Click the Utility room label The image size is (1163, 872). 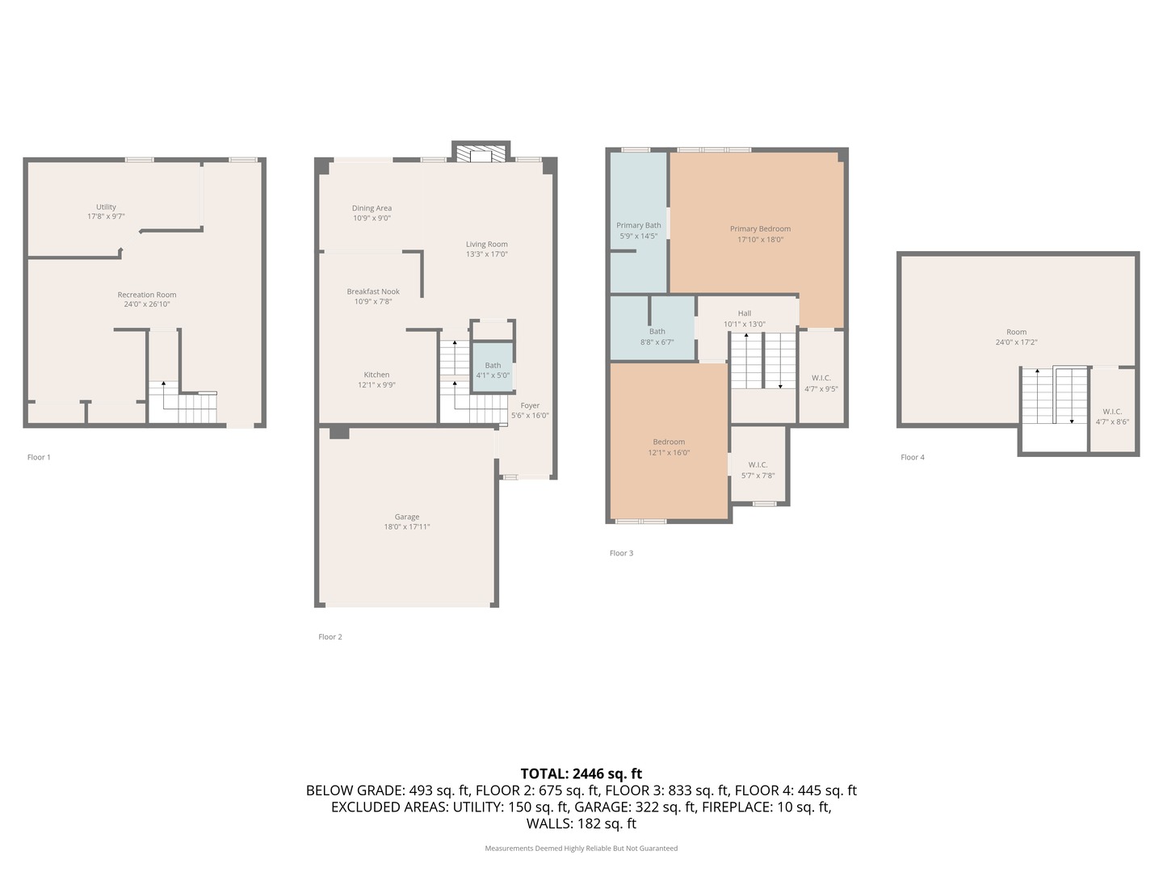106,208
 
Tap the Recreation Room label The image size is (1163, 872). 147,295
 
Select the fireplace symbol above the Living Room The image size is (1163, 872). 481,153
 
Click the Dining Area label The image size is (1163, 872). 372,208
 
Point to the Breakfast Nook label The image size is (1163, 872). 373,291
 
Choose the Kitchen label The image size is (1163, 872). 376,375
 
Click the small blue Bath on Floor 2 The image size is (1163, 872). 493,371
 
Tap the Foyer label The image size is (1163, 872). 530,406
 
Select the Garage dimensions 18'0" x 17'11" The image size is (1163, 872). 407,527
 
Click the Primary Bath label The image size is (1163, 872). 639,226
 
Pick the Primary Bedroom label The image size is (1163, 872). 760,229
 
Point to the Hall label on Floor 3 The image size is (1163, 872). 745,313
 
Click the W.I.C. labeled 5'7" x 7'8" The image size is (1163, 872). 758,470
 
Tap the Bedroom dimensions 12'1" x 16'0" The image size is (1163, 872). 669,453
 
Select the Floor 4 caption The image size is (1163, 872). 913,458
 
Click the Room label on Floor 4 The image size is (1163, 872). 1016,332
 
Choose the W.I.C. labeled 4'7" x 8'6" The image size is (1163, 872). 1112,417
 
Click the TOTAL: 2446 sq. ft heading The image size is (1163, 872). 581,773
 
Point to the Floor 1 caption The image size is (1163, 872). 39,458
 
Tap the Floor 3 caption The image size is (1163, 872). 621,554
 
